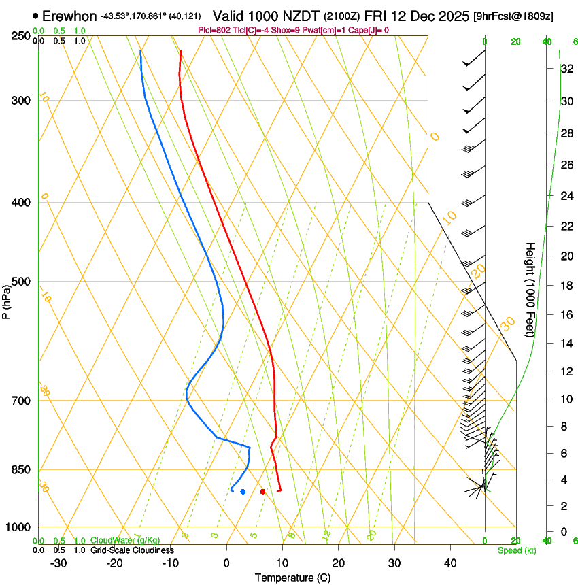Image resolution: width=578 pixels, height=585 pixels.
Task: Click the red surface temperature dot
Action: point(262,491)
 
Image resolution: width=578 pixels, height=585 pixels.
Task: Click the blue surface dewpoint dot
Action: point(243,491)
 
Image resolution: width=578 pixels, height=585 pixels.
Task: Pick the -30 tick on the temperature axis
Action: point(58,563)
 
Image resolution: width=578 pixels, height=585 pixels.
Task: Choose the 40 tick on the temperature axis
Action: point(450,563)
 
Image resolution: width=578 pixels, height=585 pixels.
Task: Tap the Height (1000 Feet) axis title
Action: point(531,289)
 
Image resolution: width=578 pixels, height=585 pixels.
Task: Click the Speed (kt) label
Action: point(516,550)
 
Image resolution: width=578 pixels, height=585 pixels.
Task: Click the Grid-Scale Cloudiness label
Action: point(132,550)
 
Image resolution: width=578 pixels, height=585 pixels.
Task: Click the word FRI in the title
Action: point(375,15)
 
